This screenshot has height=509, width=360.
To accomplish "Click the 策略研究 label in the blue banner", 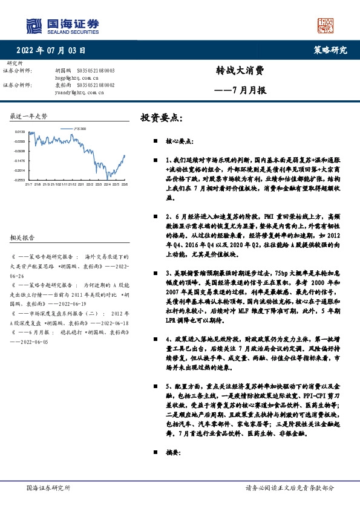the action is pos(331,50).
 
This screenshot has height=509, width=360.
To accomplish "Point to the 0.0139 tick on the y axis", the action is pos(20,131).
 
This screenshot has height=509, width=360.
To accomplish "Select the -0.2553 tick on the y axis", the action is pos(20,180).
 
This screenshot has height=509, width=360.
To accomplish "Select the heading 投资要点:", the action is pos(161,117).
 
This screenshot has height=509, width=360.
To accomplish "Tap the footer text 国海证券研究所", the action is pos(49,487).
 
